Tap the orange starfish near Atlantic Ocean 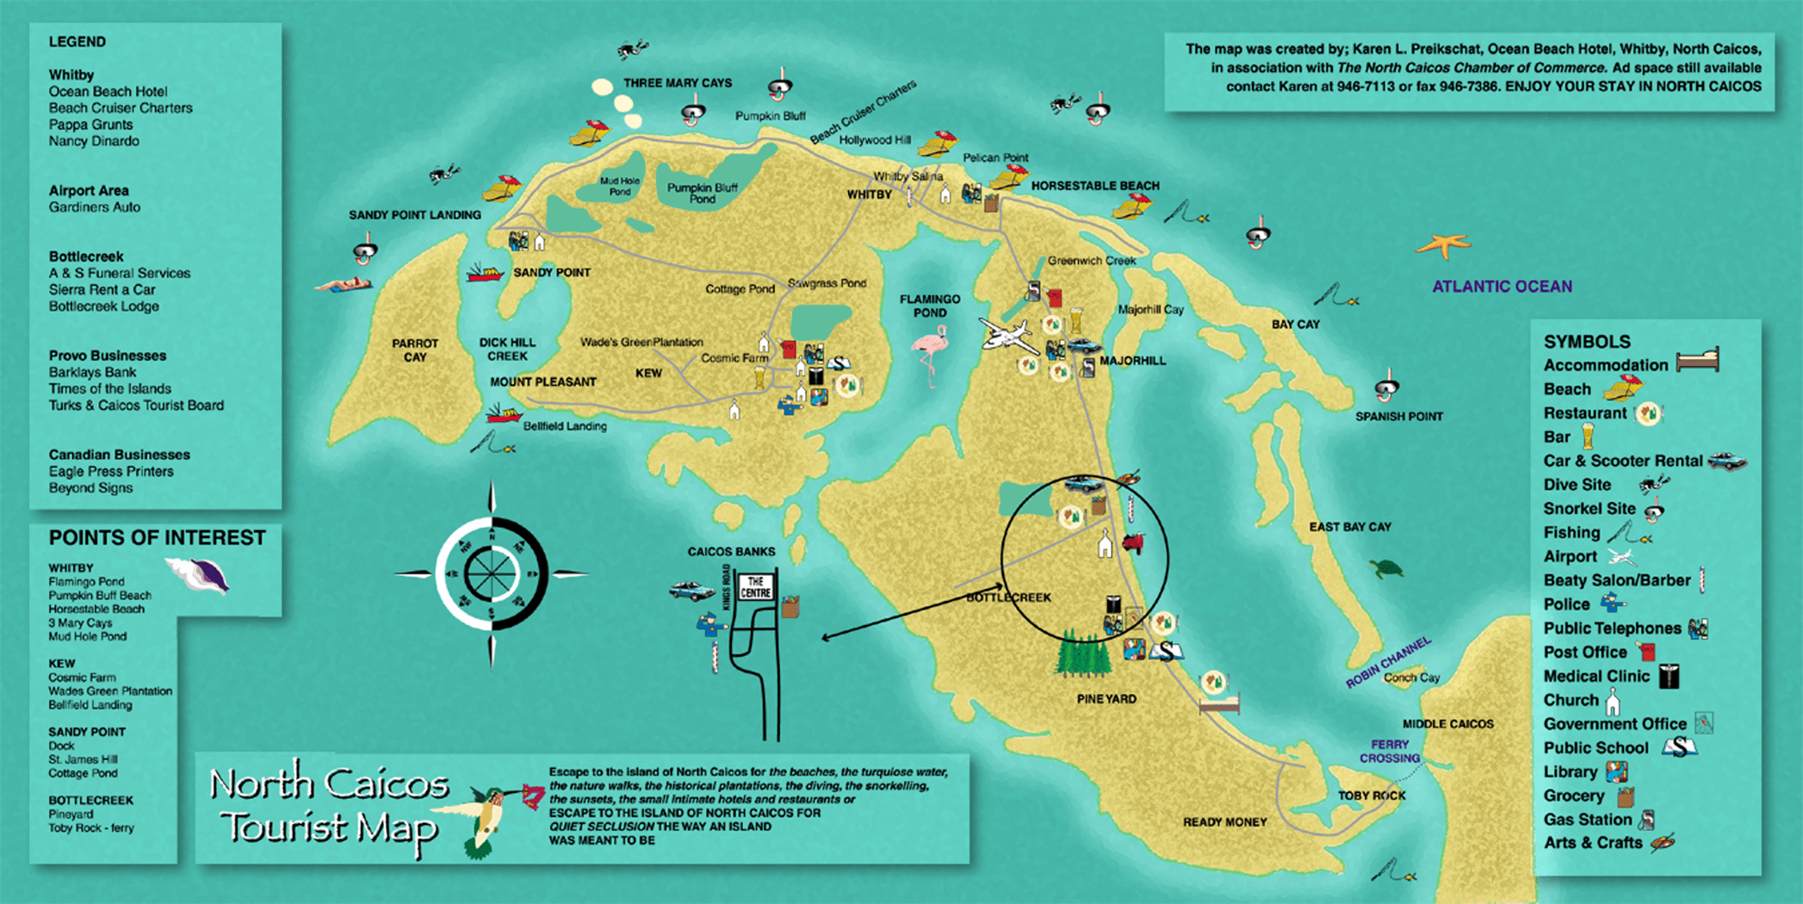(1444, 246)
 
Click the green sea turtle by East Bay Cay (1386, 569)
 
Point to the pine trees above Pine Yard (1082, 654)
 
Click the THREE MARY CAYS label (677, 84)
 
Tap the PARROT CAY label (415, 350)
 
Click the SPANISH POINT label (1398, 417)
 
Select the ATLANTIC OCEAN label (1502, 287)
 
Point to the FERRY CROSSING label (1389, 752)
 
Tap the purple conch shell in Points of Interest (200, 575)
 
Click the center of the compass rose (492, 573)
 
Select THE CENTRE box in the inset (755, 587)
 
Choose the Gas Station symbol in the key (1646, 820)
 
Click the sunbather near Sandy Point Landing (344, 284)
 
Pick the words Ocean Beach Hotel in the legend (108, 91)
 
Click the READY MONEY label (1224, 822)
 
